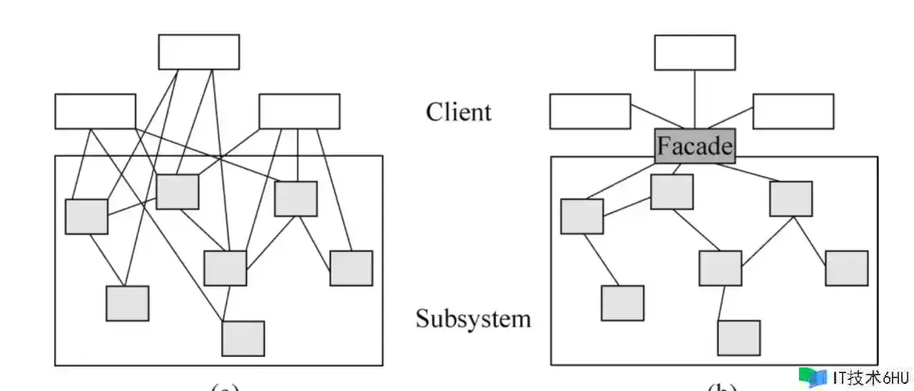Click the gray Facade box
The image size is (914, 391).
[695, 146]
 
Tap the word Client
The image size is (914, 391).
[458, 112]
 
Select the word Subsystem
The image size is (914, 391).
[473, 318]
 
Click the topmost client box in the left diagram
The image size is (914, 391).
[199, 51]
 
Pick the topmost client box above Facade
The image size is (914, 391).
[695, 52]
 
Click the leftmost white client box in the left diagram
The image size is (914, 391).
[95, 112]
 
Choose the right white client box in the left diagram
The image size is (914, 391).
[299, 112]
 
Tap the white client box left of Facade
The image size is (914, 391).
[590, 112]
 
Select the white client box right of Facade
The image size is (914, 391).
[793, 112]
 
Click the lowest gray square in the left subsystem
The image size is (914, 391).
[243, 338]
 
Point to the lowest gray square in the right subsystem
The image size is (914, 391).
[738, 338]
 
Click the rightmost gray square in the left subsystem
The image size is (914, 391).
[351, 268]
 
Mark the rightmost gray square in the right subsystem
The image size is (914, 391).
[847, 268]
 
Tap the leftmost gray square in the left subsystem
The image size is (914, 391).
[86, 217]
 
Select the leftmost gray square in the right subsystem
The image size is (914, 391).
[582, 217]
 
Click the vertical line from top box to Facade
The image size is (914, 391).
[695, 100]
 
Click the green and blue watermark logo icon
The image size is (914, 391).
[813, 377]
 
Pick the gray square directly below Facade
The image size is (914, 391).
[672, 192]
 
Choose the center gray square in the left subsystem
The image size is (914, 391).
[225, 268]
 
